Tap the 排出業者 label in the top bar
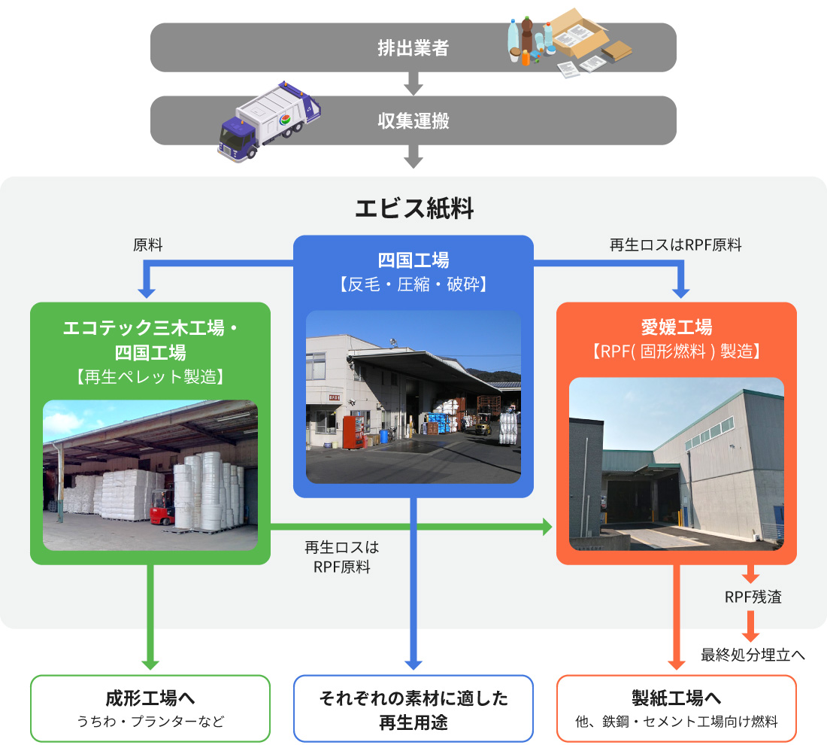(413, 47)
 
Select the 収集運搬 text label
(413, 120)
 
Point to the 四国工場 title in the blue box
(413, 260)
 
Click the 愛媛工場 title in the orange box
(676, 327)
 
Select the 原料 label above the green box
(147, 245)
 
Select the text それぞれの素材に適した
(413, 698)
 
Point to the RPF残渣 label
(753, 598)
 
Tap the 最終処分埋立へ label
(753, 655)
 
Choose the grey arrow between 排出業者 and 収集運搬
(413, 84)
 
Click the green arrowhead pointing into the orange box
(547, 527)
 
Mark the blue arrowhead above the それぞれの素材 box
(413, 662)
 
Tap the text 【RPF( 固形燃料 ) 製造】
(676, 351)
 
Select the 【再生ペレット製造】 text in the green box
(150, 376)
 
